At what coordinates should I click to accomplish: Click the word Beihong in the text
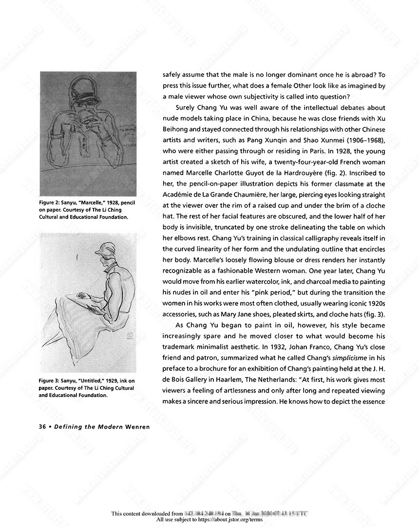pyautogui.click(x=176, y=130)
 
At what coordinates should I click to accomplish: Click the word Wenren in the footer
pyautogui.click(x=136, y=427)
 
